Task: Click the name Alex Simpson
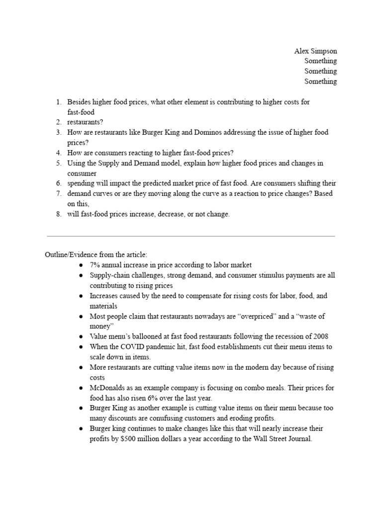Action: pos(315,51)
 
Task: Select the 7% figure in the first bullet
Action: pos(95,265)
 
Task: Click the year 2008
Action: pos(319,337)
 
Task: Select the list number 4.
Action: pos(58,153)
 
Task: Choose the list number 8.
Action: pos(58,214)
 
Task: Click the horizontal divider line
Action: pos(191,236)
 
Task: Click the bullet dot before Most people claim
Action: pos(81,316)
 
